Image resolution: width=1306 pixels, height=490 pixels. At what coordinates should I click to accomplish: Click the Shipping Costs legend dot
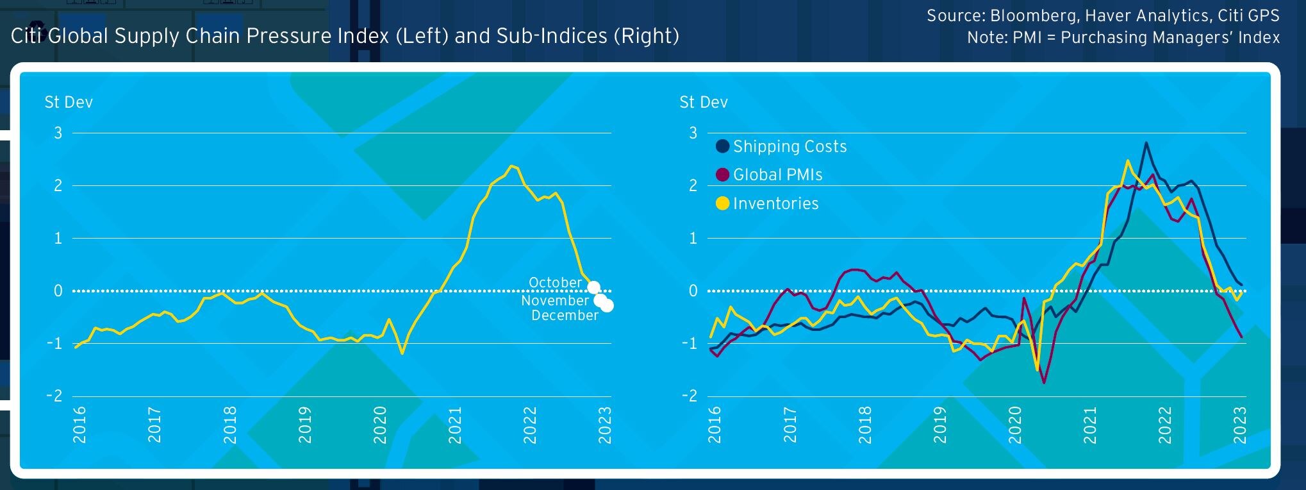coord(722,146)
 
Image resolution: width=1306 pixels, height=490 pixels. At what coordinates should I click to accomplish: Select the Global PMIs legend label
coord(777,175)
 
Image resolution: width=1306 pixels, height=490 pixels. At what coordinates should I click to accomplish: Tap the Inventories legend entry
coord(775,204)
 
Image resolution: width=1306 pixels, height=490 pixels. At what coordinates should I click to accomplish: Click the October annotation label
coord(555,283)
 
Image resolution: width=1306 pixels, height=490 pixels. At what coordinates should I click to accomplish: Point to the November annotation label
coord(554,300)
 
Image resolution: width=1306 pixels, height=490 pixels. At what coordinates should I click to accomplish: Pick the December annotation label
coord(565,316)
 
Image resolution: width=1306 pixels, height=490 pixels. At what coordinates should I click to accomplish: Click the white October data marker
coord(593,287)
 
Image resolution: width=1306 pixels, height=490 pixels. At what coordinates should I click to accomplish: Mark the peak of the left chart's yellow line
coord(511,166)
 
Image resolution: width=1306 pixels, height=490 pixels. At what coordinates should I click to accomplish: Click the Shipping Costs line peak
coord(1146,143)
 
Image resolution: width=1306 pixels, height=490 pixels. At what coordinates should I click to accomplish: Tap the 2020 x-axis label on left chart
coord(380,425)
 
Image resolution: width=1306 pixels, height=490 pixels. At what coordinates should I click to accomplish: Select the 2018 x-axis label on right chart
coord(864,425)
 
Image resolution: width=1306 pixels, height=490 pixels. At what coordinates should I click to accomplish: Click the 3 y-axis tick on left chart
coord(58,133)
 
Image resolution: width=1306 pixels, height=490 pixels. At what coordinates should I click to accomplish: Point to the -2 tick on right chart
coord(689,396)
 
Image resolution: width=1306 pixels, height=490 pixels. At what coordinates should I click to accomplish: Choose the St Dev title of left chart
coord(69,103)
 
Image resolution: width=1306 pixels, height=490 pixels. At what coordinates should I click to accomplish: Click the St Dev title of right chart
coord(704,103)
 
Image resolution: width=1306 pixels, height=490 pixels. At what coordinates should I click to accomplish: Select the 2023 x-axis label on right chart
coord(1240,425)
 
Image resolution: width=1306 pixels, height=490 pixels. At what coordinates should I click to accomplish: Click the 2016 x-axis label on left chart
coord(79,425)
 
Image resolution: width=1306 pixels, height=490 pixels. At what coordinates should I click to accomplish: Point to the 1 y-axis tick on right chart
coord(693,239)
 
